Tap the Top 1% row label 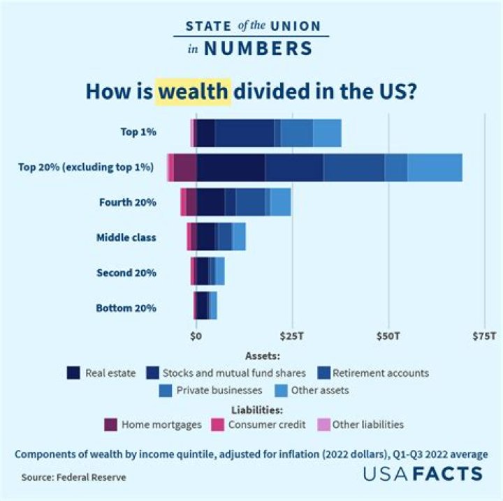tap(138, 132)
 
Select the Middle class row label tap(126, 237)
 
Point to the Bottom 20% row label tap(126, 308)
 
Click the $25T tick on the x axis tap(292, 336)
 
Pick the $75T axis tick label tap(483, 336)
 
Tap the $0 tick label tap(196, 336)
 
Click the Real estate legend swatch tap(73, 373)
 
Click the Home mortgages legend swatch tap(110, 424)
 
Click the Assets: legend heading tap(263, 355)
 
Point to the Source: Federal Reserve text tap(73, 478)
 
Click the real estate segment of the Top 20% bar tap(231, 167)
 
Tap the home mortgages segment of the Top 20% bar tap(185, 167)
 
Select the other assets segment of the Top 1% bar tap(327, 133)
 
